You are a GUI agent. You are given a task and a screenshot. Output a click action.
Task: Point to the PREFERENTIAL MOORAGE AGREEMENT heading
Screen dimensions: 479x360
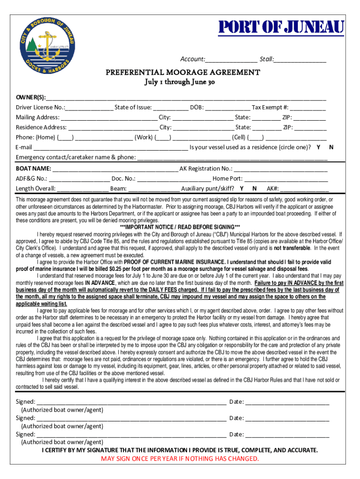[182, 73]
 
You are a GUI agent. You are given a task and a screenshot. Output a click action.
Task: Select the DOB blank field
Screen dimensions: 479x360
[227, 108]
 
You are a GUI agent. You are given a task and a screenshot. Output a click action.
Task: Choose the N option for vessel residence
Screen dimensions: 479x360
[331, 147]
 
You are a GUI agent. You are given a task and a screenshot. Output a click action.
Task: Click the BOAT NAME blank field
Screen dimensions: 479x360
[115, 169]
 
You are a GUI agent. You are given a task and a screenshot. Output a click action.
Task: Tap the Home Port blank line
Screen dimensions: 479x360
[286, 179]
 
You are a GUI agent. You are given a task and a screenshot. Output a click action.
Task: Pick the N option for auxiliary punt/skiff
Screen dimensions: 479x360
[254, 189]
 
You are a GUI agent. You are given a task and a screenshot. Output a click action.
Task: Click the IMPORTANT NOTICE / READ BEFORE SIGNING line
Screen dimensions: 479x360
[180, 227]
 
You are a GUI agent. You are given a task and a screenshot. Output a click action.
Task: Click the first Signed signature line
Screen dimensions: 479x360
[131, 402]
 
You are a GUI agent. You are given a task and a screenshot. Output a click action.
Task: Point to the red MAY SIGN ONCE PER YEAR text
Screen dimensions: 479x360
[180, 458]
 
